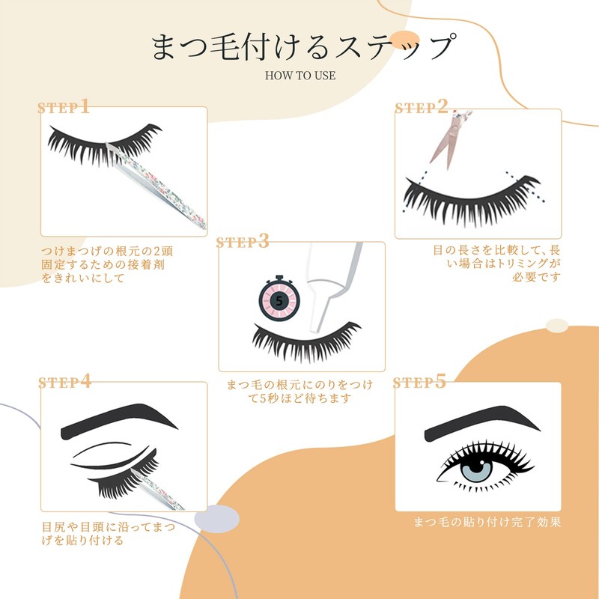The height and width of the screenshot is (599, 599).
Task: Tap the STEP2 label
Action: [422, 107]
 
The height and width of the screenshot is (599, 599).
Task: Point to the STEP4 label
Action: [64, 382]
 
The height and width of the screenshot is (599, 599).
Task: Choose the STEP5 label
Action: [419, 382]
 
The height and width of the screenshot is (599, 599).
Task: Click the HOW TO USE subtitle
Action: [299, 75]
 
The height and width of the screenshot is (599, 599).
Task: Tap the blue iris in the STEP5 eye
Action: [477, 471]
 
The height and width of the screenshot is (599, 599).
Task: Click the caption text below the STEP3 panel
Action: [299, 392]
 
